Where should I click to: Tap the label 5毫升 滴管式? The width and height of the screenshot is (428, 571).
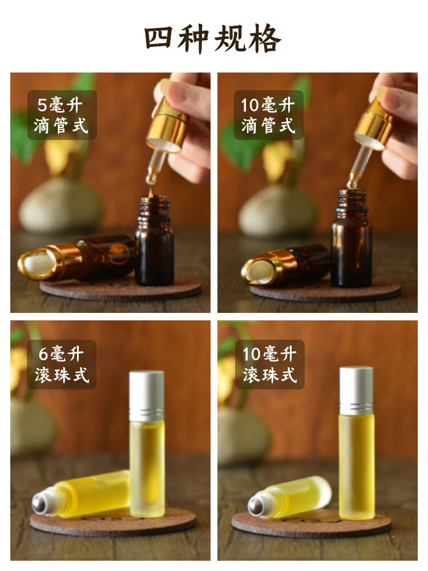click(62, 115)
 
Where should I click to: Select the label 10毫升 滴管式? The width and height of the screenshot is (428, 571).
click(269, 115)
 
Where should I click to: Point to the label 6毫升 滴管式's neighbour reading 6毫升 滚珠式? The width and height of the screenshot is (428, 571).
click(62, 364)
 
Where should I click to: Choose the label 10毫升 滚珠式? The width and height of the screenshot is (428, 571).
click(269, 364)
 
